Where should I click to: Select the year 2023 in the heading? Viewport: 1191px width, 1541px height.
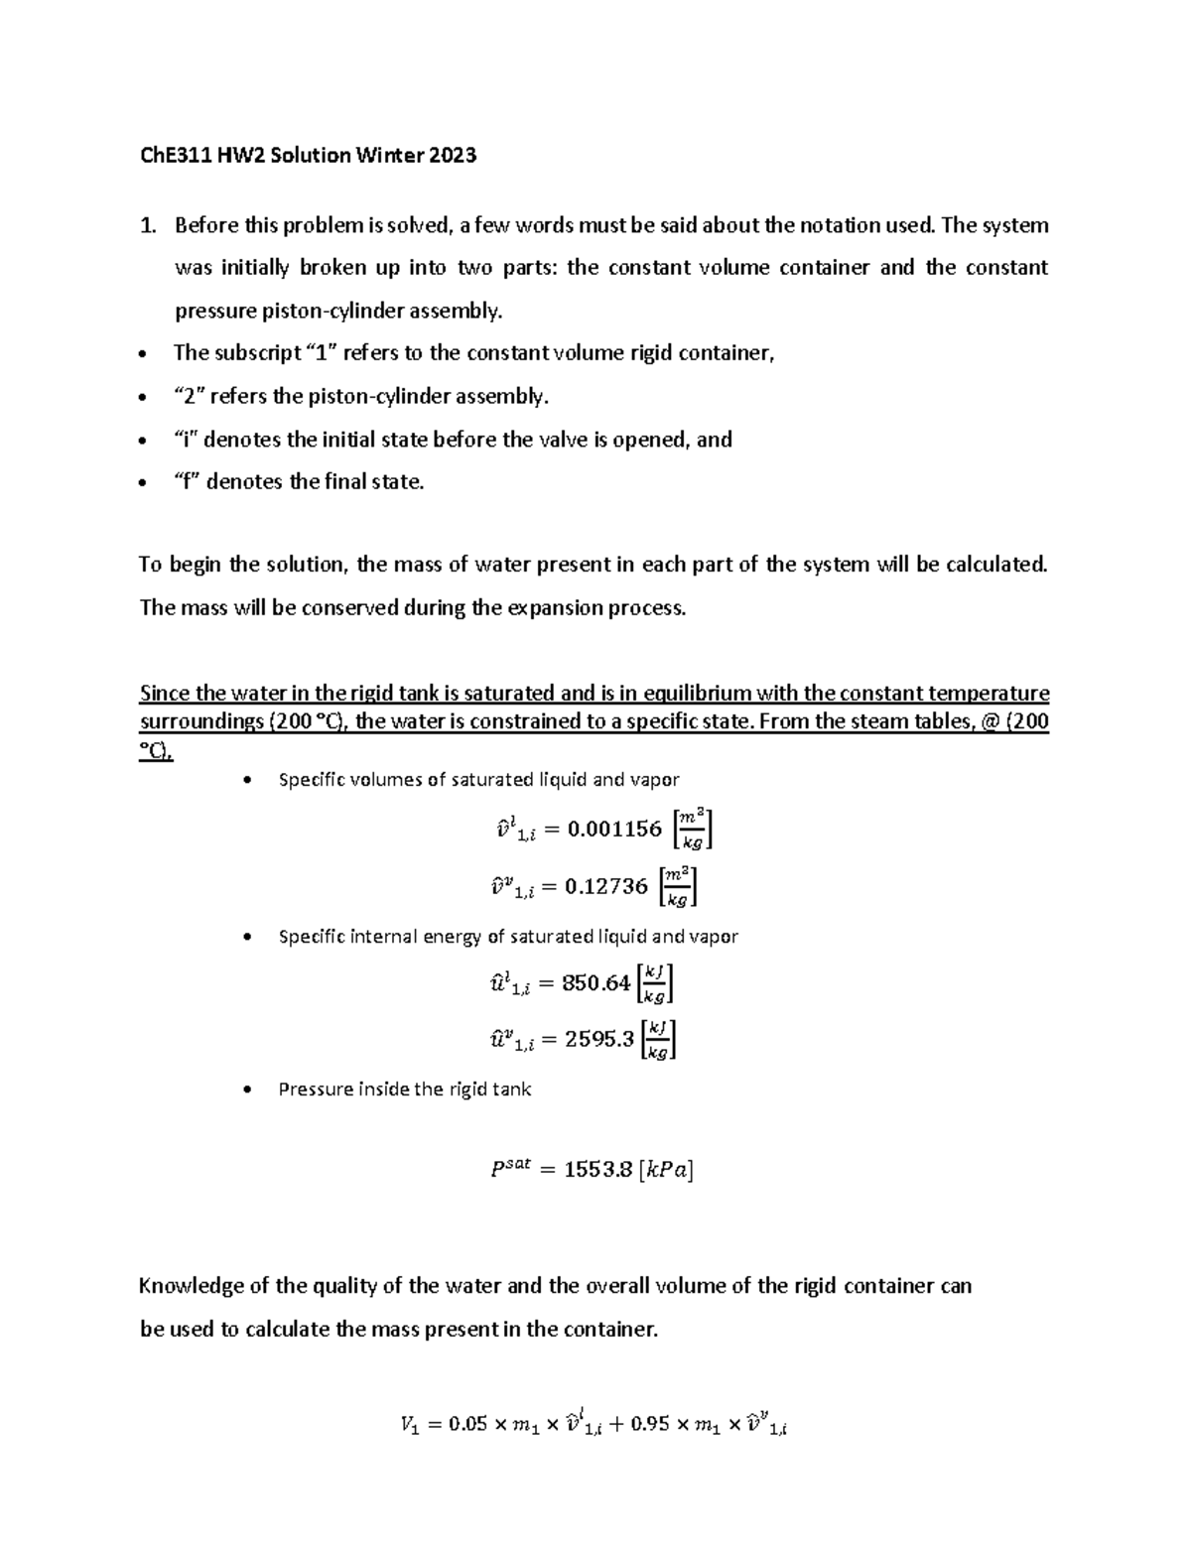tap(453, 156)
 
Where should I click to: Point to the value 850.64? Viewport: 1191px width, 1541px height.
tap(595, 983)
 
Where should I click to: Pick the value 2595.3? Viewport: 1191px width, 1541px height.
tap(598, 1040)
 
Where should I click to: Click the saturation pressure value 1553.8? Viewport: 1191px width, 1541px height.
tap(597, 1170)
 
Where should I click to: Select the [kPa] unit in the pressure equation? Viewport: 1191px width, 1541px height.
tap(667, 1170)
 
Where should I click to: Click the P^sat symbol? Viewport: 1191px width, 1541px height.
tap(512, 1168)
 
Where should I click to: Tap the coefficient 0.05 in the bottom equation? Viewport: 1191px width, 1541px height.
tap(468, 1425)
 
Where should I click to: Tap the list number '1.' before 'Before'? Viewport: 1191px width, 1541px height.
tap(148, 226)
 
